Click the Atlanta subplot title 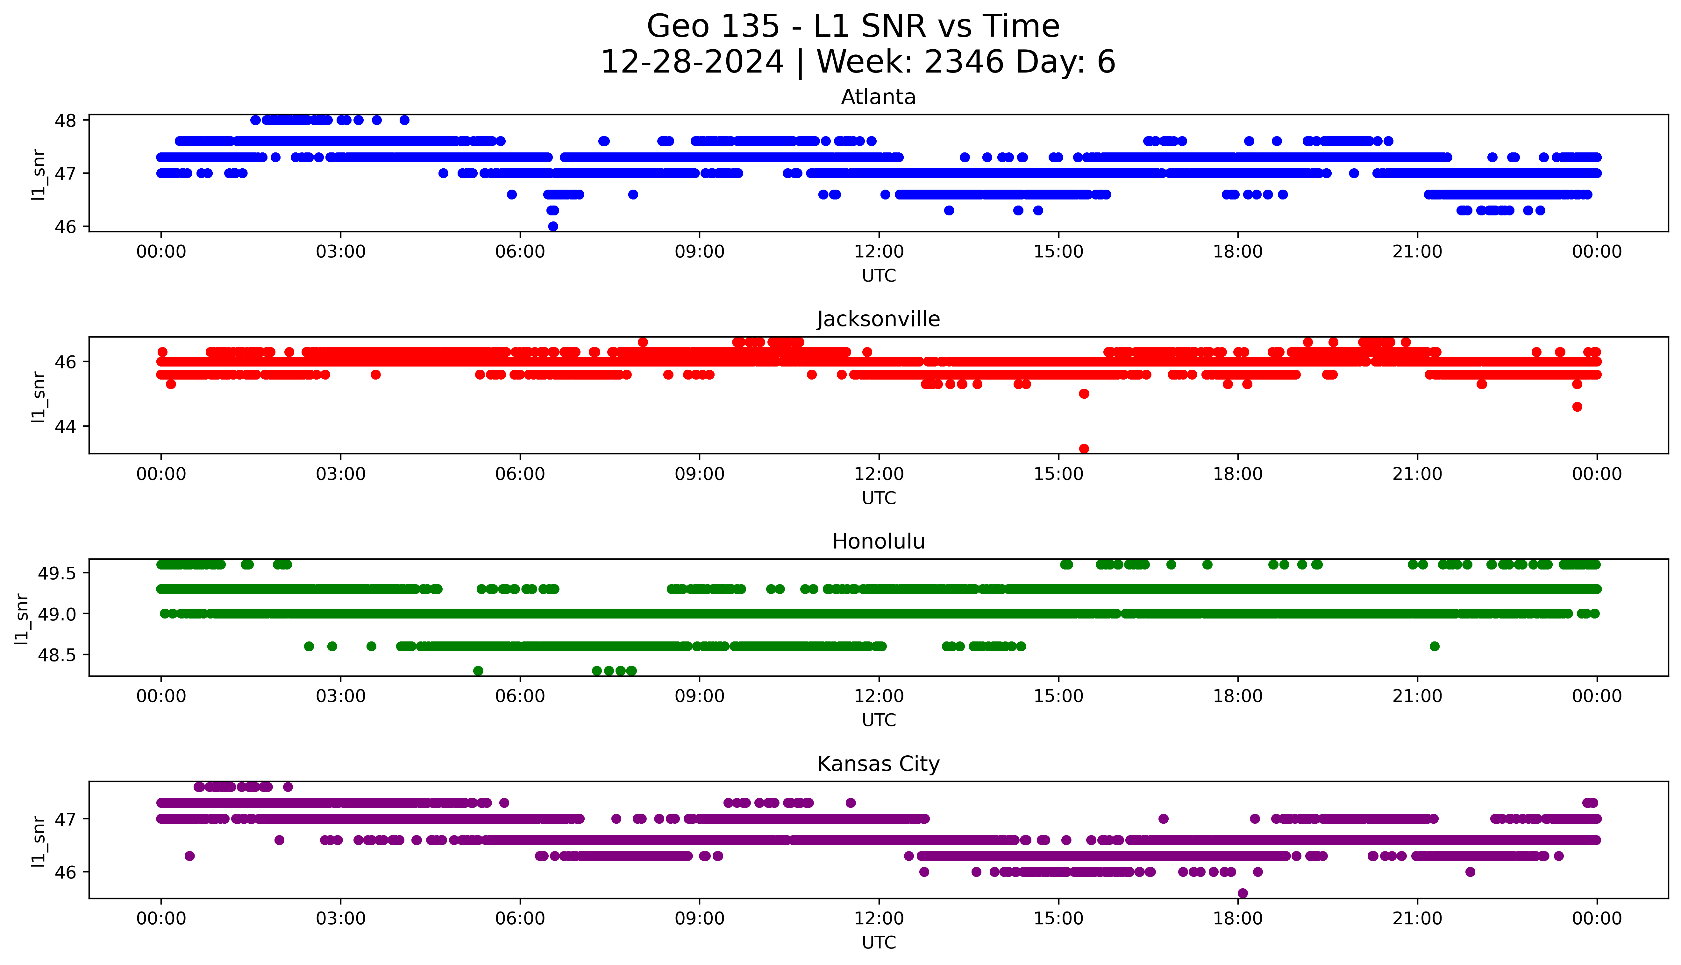click(878, 97)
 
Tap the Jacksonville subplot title click(878, 319)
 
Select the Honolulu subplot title click(878, 542)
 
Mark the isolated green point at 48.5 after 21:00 click(1434, 646)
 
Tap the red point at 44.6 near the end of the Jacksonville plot click(1577, 407)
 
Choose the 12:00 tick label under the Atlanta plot click(879, 252)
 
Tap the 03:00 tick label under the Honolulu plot click(341, 696)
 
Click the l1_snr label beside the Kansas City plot click(39, 842)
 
